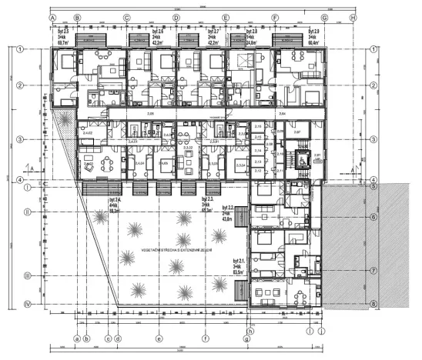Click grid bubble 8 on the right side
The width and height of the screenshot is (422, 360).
coord(373,304)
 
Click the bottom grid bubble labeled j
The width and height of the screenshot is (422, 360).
coord(322,332)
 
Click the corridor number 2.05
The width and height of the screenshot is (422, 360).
coord(151,113)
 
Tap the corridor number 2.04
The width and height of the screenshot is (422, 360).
coord(282,113)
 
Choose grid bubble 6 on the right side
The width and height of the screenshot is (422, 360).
coord(373,218)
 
